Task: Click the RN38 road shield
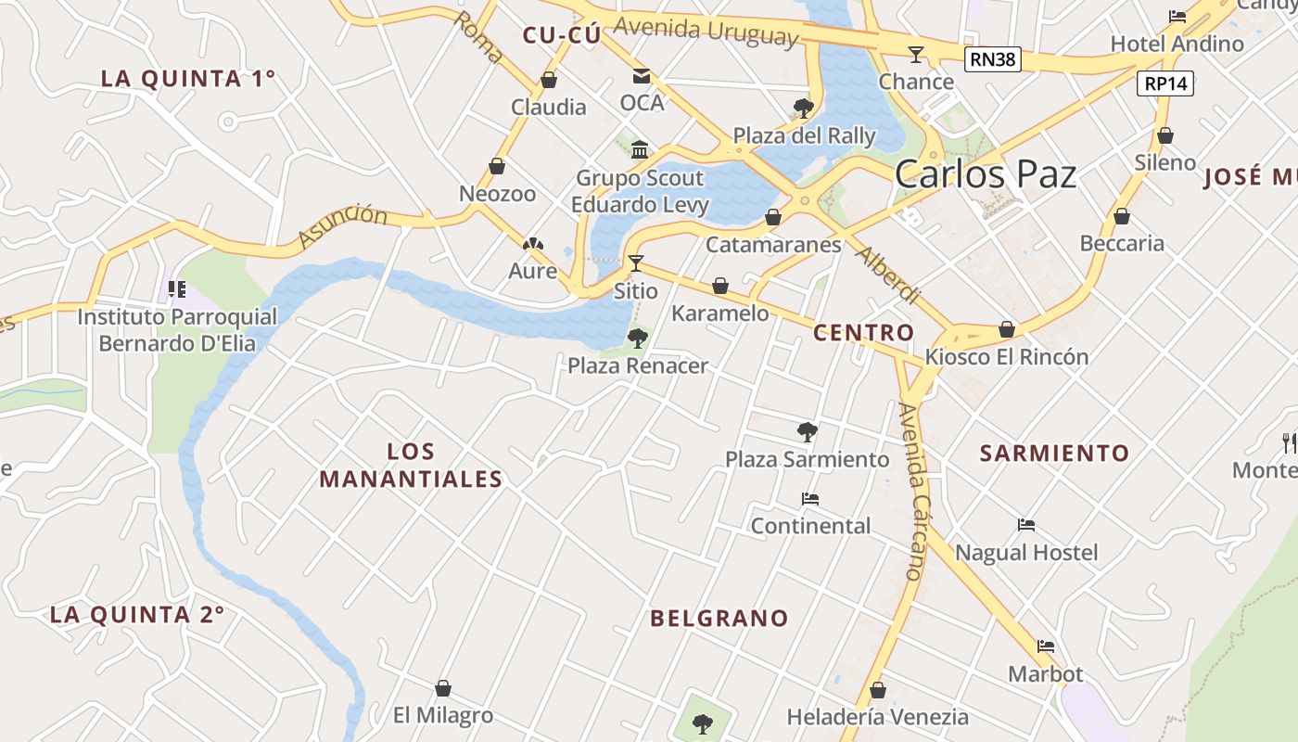(992, 60)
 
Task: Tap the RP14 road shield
(1165, 83)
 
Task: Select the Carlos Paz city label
(986, 174)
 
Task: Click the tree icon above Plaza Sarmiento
(807, 431)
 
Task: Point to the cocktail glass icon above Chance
(916, 55)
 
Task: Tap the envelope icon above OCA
(642, 76)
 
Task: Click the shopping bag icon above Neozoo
(497, 167)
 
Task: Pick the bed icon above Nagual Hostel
(1025, 526)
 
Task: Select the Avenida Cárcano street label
(913, 491)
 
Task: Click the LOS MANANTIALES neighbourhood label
(410, 466)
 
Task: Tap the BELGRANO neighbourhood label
(719, 619)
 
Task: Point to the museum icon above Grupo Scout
(640, 150)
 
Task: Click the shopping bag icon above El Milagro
(443, 688)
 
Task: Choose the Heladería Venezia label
(877, 717)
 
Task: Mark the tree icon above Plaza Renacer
(637, 339)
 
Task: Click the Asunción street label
(342, 227)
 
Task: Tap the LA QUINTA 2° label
(137, 615)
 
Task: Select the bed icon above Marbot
(1046, 646)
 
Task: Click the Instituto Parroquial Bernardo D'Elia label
(176, 330)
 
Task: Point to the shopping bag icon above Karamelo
(720, 287)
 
